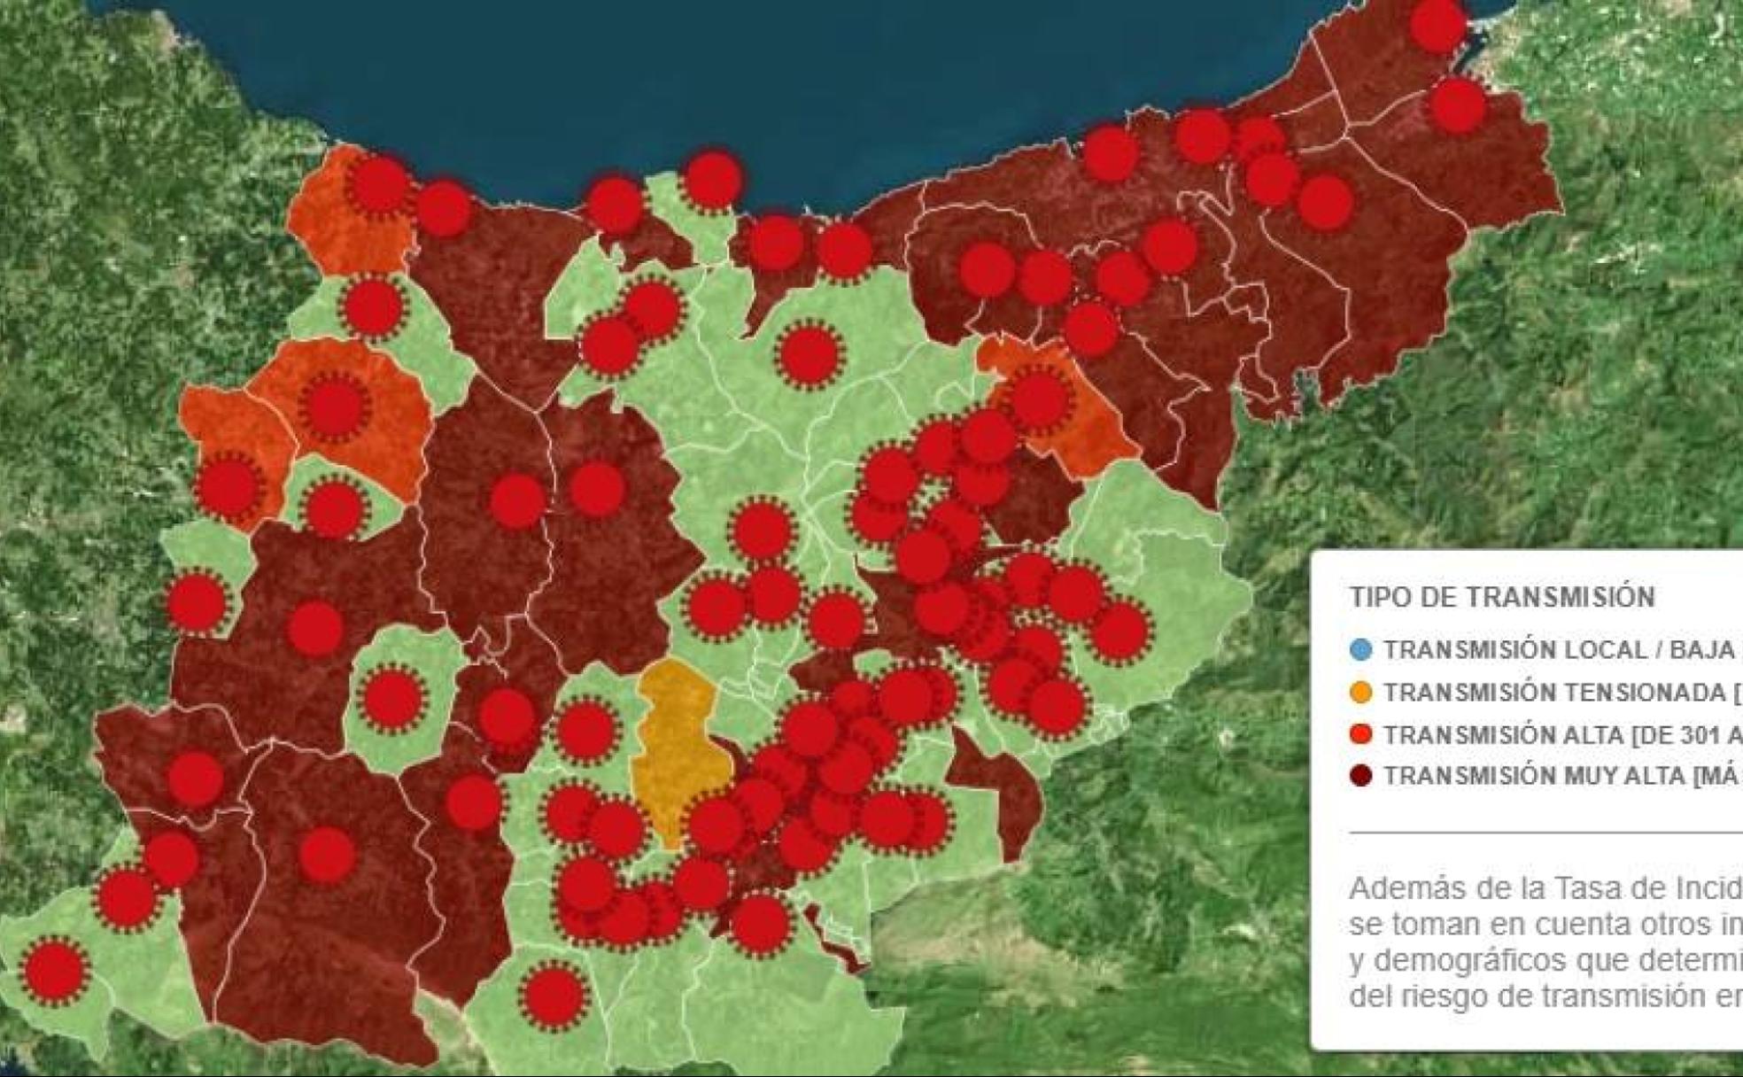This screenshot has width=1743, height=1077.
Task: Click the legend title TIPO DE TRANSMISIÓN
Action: point(1502,597)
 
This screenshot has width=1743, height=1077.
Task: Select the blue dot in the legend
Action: point(1361,650)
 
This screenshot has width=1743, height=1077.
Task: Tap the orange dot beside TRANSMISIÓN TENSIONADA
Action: point(1361,693)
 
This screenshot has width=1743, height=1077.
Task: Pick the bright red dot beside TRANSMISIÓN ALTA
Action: point(1361,734)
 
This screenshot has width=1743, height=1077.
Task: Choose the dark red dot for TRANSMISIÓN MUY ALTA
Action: point(1361,776)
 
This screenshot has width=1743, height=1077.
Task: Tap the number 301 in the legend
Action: point(1686,734)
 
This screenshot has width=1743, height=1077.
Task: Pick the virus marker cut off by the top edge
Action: point(1437,25)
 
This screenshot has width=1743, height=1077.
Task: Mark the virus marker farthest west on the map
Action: point(55,971)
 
